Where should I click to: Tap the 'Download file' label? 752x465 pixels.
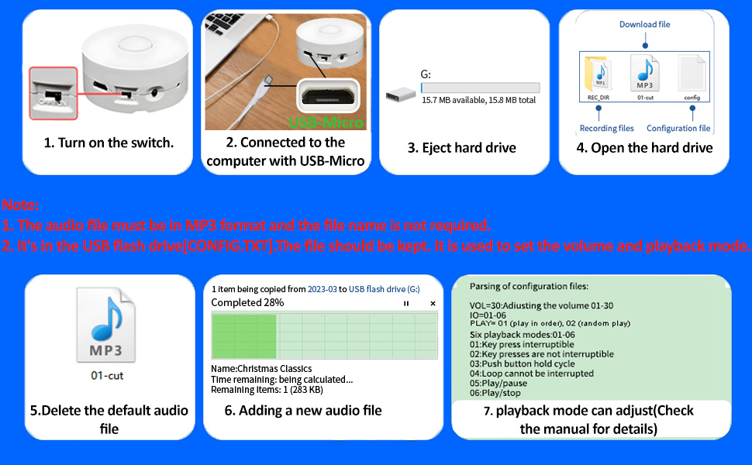644,25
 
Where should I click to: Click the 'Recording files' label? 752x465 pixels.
606,129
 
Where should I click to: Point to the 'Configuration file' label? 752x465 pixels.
678,129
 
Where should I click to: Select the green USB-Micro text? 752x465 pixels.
326,122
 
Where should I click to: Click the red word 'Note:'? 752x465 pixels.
21,206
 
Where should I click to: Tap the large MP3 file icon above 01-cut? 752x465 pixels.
105,325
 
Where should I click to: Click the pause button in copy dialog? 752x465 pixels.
406,303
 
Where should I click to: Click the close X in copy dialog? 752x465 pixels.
433,303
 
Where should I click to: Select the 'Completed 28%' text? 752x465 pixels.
247,302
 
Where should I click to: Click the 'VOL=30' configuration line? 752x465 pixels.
540,306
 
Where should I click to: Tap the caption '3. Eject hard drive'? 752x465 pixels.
461,147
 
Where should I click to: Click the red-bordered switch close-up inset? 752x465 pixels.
53,93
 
